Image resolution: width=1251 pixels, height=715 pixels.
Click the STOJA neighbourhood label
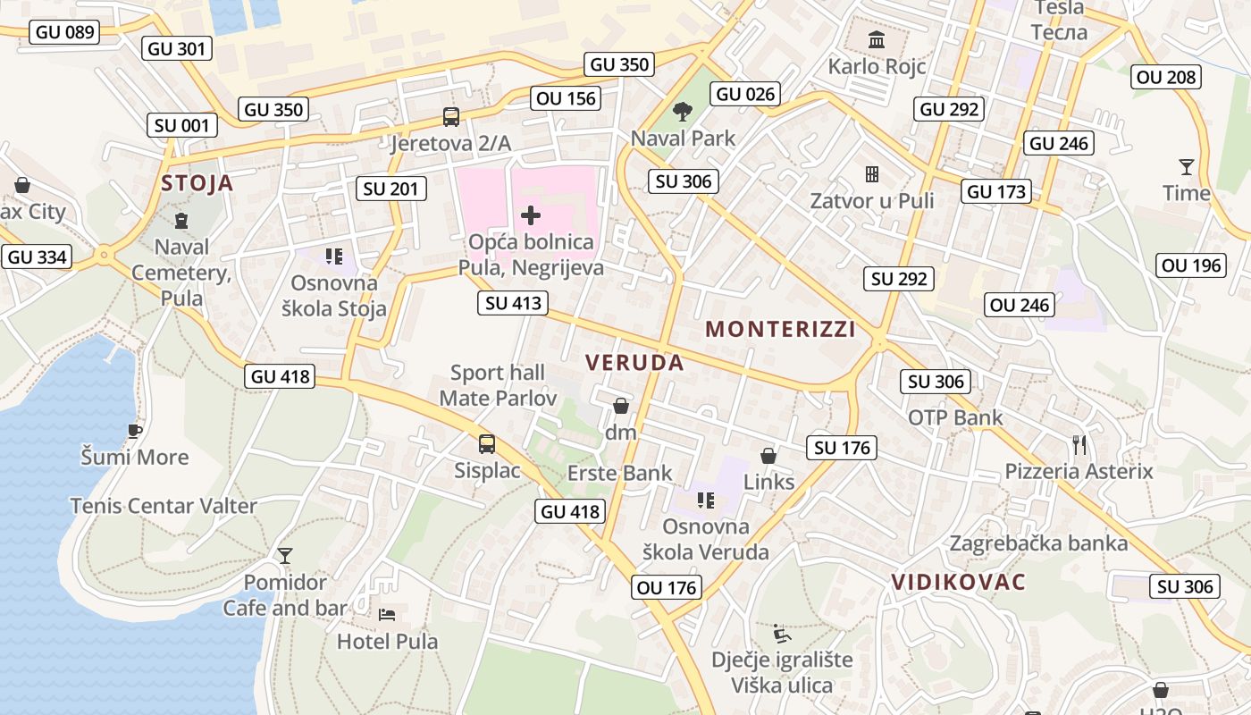197,183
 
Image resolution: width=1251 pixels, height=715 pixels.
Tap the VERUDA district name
634,362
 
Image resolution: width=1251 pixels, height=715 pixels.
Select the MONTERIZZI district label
780,329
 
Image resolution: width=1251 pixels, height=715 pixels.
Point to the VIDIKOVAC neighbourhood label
958,582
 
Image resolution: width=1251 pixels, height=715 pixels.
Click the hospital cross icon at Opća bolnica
531,214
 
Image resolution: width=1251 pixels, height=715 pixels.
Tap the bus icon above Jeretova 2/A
451,117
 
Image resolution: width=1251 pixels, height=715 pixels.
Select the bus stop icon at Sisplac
487,444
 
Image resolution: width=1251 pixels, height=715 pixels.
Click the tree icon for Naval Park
683,112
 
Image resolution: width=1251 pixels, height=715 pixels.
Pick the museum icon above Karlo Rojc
877,40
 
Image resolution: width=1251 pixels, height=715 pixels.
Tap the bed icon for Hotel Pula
387,615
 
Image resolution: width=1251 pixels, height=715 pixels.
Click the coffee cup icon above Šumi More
134,431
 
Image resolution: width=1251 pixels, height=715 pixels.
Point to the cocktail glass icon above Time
1186,167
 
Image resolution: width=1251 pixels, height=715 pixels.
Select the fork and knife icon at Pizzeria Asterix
1079,444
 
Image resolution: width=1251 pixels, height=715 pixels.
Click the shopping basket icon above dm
621,407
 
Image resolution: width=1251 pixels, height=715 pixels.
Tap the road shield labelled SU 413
513,303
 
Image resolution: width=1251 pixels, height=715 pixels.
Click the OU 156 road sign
566,98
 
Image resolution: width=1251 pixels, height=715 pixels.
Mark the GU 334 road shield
38,257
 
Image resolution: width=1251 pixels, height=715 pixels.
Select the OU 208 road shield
1166,77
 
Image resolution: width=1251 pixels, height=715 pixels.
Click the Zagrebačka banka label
1038,543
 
